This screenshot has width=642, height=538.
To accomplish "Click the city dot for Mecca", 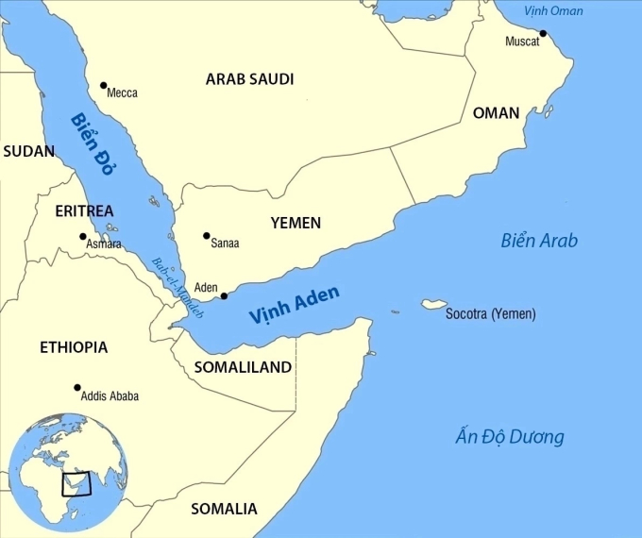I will (x=103, y=85).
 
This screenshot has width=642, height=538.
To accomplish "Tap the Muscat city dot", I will (x=543, y=34).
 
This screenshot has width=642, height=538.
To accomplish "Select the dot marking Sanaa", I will (x=206, y=236).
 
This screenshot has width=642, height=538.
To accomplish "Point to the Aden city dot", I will (x=224, y=296).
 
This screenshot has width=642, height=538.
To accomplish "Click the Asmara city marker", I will (x=83, y=237).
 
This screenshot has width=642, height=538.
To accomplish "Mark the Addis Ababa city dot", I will (x=77, y=387).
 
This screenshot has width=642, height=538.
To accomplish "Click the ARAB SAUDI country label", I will (x=249, y=79).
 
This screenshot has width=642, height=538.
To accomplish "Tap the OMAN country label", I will (x=496, y=113).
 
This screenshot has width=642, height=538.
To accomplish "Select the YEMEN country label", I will (x=296, y=224).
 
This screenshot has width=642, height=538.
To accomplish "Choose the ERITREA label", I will (x=84, y=210).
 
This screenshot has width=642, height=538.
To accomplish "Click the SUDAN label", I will (x=28, y=151).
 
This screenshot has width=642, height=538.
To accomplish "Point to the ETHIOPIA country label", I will (x=74, y=347).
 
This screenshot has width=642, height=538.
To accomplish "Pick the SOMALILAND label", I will (x=243, y=368).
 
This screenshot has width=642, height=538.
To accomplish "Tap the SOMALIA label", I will (x=224, y=509).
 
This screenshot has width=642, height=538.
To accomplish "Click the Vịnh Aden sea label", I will (x=295, y=307).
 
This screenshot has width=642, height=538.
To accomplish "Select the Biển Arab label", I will (x=538, y=241).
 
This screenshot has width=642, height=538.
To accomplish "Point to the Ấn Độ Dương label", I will (x=509, y=437).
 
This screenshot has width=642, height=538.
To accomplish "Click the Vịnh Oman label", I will (x=553, y=11).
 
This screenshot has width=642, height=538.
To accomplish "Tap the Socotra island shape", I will (x=434, y=305).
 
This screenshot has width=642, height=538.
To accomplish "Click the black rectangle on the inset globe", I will (x=76, y=483).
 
